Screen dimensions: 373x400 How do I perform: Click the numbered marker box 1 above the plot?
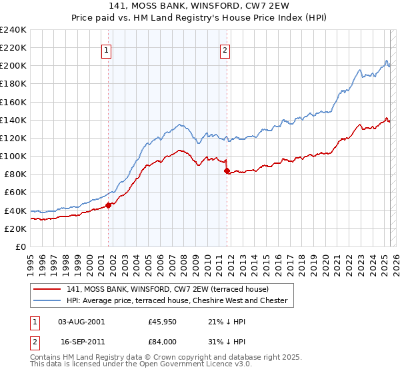tap(107, 49)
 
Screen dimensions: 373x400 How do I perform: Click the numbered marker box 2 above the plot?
tap(225, 49)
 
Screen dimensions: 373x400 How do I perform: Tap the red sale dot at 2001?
tap(108, 205)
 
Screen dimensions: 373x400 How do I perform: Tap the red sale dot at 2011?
tap(227, 171)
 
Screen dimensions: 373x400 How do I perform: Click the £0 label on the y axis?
tap(21, 246)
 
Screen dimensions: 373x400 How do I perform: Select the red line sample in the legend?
tap(47, 289)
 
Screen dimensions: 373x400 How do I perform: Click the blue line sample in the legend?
tap(47, 300)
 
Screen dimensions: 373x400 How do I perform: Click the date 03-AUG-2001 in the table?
tap(81, 321)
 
